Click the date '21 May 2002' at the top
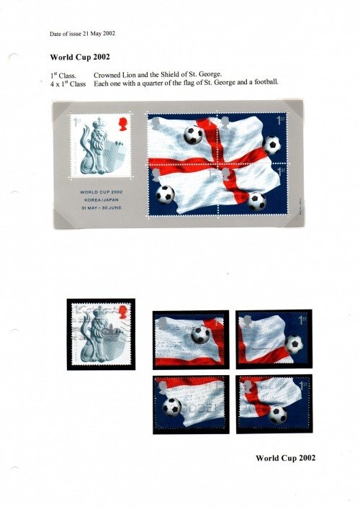[96, 34]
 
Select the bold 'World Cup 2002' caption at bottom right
[286, 458]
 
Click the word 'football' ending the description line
[263, 82]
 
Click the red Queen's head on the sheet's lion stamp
[123, 124]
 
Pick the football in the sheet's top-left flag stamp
[193, 135]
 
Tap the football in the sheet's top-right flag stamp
[271, 145]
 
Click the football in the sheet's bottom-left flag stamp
[166, 194]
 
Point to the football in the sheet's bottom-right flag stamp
[256, 201]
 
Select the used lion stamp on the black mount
[100, 333]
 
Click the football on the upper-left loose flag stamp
[200, 334]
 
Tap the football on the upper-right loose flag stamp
[293, 344]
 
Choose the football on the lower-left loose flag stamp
[171, 407]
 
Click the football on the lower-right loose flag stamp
[276, 414]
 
